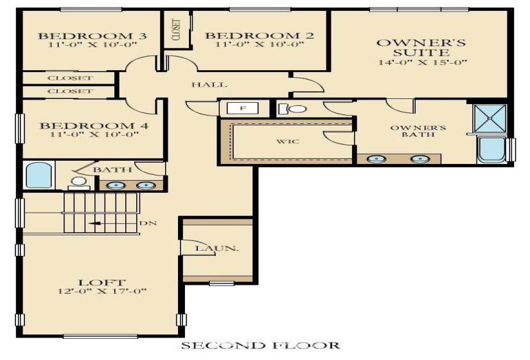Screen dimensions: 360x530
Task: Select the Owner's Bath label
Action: (x=412, y=130)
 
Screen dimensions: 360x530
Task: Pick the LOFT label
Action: (x=102, y=282)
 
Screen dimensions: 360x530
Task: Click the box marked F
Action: (x=242, y=108)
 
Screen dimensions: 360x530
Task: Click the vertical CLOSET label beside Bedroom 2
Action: (x=175, y=30)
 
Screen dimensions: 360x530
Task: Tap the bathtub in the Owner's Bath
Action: (x=492, y=150)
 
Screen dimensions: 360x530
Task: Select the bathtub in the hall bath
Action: (x=38, y=175)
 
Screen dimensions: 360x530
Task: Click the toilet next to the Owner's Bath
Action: (x=294, y=109)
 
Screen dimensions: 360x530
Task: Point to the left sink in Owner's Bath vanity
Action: (x=374, y=158)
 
